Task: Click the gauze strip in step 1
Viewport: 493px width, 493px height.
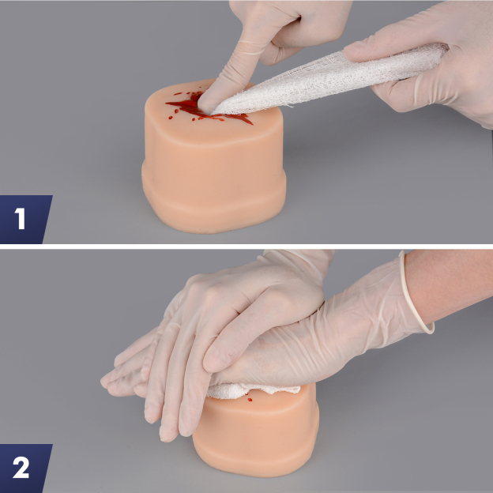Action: click(x=316, y=79)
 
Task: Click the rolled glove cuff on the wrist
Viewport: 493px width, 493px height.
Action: click(x=416, y=292)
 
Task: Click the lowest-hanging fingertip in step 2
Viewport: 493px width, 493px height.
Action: click(x=167, y=433)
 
